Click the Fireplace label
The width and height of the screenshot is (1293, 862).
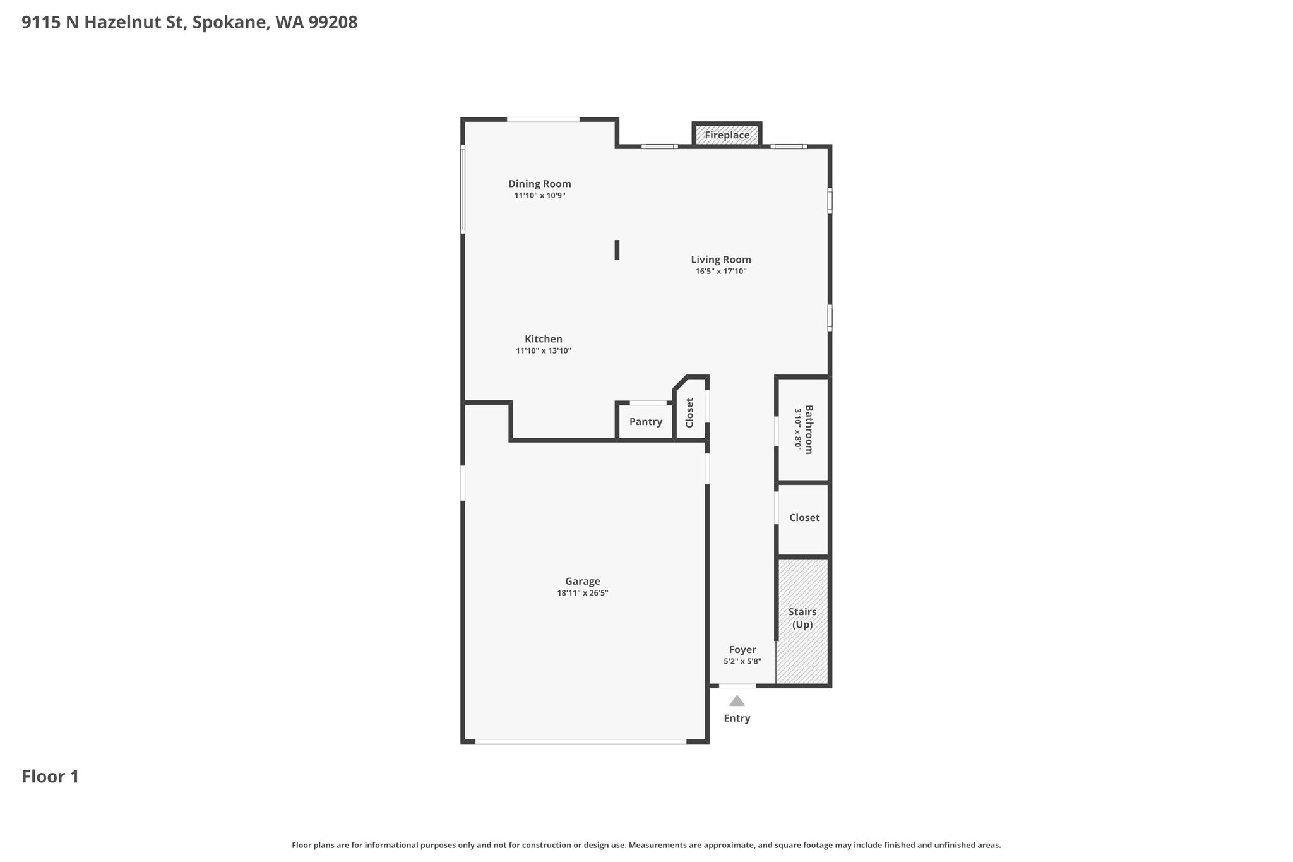pos(727,135)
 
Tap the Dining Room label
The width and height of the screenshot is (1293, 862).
pos(540,184)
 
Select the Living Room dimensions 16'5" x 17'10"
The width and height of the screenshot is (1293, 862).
pos(721,272)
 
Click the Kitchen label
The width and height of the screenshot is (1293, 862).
pos(544,339)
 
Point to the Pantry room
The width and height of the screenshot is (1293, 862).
pos(645,421)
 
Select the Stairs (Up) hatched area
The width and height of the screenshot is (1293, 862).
pos(802,621)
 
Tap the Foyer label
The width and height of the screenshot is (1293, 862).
pos(742,650)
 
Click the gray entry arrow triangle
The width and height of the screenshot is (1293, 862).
pos(737,700)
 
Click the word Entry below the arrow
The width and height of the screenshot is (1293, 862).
pos(737,719)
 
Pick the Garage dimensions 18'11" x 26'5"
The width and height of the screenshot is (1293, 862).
pos(583,593)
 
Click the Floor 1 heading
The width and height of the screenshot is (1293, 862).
pos(51,777)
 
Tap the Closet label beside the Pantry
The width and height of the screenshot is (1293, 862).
pos(689,412)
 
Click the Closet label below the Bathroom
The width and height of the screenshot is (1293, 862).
pos(804,518)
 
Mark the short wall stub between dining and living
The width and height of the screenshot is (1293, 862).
pos(617,250)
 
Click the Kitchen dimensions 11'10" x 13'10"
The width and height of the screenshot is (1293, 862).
pos(544,351)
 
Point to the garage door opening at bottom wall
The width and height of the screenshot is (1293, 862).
pos(581,741)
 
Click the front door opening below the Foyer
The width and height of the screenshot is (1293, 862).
pos(737,686)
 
